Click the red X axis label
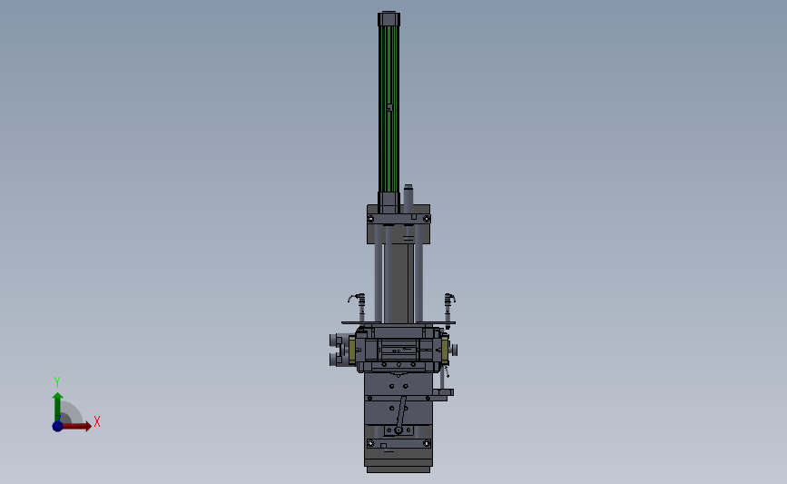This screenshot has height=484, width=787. (x=97, y=421)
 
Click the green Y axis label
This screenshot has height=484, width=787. (x=57, y=382)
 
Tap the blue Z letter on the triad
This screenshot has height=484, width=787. (x=58, y=419)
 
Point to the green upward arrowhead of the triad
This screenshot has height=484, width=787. (x=58, y=397)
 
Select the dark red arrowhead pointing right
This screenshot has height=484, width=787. (x=88, y=426)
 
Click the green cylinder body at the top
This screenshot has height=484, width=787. (x=389, y=108)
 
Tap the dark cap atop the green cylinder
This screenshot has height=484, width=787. (x=389, y=18)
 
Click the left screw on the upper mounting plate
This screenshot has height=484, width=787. (x=371, y=219)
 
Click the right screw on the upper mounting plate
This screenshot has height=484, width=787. (x=426, y=219)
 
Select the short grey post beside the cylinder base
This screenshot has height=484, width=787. (x=408, y=198)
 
